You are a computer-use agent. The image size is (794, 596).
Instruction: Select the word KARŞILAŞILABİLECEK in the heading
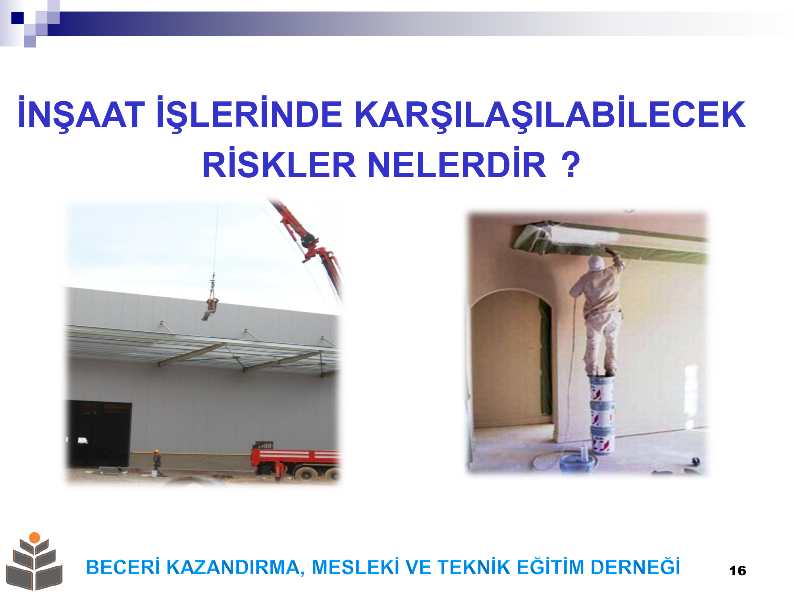click(550, 114)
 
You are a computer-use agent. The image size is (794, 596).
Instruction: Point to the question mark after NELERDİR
click(571, 164)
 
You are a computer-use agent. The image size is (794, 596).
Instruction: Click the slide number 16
click(737, 571)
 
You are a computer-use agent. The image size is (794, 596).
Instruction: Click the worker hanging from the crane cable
click(210, 308)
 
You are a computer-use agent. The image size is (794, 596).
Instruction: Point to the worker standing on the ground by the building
click(157, 462)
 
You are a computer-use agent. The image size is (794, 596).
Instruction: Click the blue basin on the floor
click(578, 463)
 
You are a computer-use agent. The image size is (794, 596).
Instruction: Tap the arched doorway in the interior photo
click(512, 358)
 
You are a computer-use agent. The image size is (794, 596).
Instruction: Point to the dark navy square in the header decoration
click(17, 18)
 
